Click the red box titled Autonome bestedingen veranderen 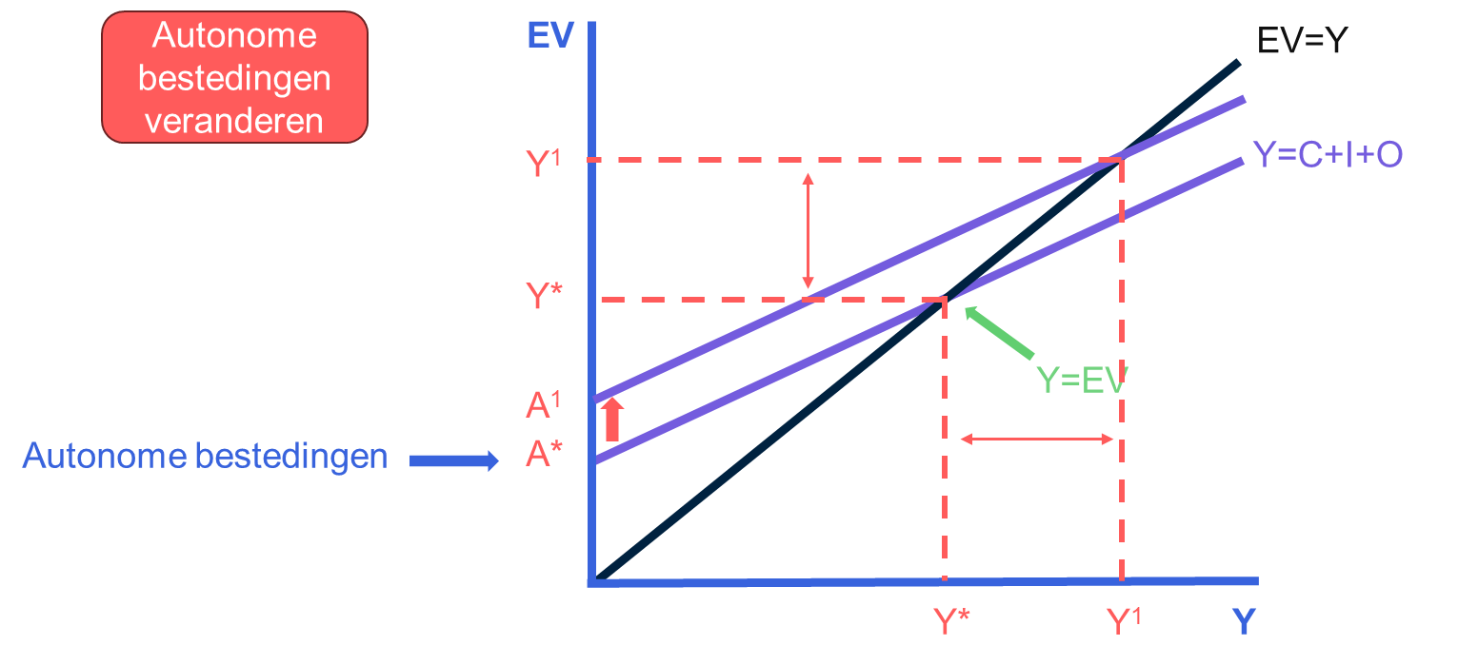234,78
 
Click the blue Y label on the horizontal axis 1243,621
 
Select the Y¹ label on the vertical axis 550,164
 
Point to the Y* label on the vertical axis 549,296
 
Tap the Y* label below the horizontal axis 951,621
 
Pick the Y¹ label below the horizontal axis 1124,621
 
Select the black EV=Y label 1302,41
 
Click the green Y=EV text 1081,380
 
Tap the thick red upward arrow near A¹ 612,420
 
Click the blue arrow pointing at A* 453,461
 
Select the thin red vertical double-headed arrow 808,231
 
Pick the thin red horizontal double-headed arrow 1036,439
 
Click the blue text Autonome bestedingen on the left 205,457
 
